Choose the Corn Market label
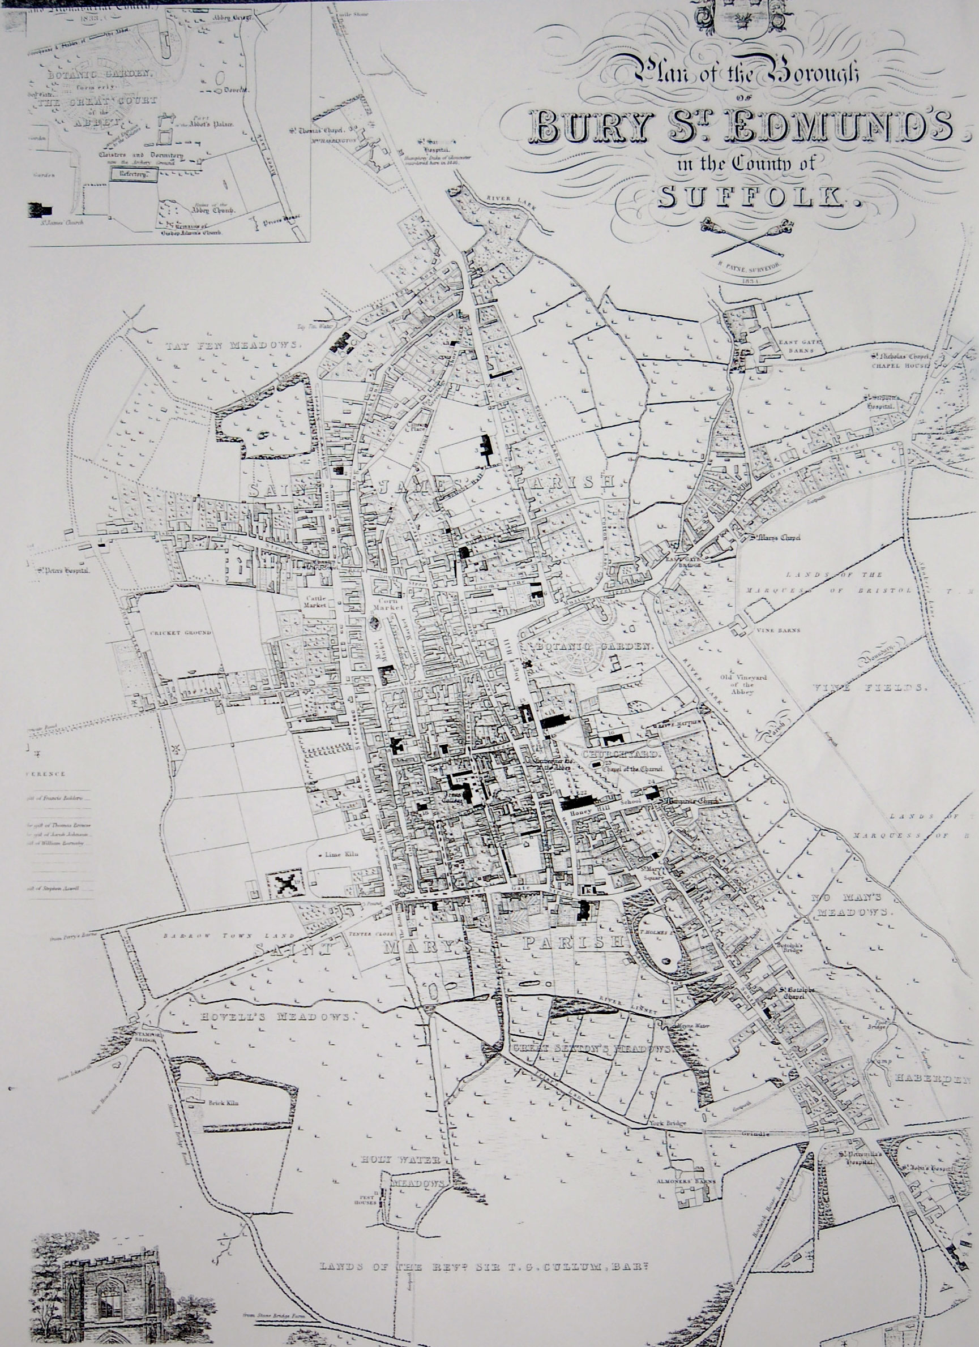(x=392, y=604)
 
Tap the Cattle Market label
(x=316, y=602)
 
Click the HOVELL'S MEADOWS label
(x=278, y=1016)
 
